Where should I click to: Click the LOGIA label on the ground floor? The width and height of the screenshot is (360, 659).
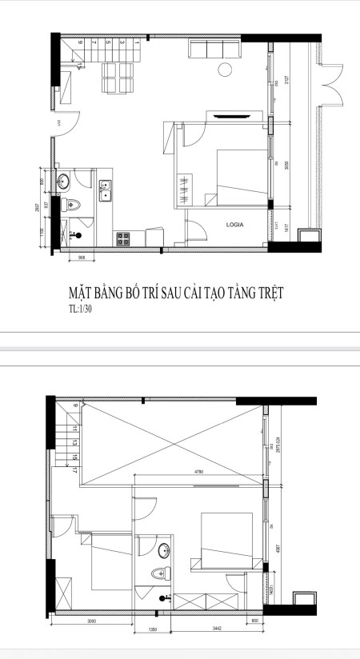click(234, 226)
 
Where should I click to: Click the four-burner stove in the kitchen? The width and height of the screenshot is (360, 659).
click(124, 238)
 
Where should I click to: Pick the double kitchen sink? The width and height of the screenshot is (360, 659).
click(106, 190)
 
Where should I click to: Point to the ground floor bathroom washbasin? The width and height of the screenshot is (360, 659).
click(63, 178)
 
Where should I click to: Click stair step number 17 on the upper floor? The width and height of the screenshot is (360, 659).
click(74, 470)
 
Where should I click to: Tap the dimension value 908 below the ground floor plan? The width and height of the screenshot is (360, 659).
click(82, 258)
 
